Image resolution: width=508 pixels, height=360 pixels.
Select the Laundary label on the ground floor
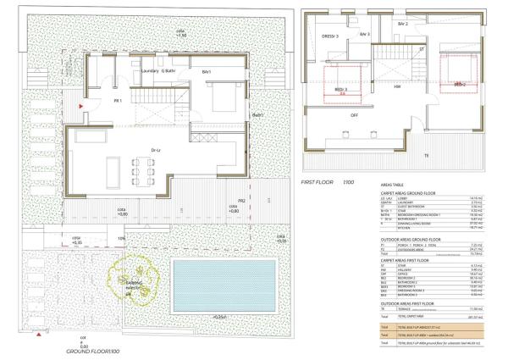[x=148, y=71]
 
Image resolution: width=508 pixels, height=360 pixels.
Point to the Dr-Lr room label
[x=156, y=151]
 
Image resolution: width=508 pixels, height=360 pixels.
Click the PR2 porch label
[x=241, y=201]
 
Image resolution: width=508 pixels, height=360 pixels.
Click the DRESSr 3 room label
[x=330, y=36]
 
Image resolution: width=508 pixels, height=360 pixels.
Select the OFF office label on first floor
[x=332, y=114]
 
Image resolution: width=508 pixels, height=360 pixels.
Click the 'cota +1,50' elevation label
[x=180, y=33]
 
